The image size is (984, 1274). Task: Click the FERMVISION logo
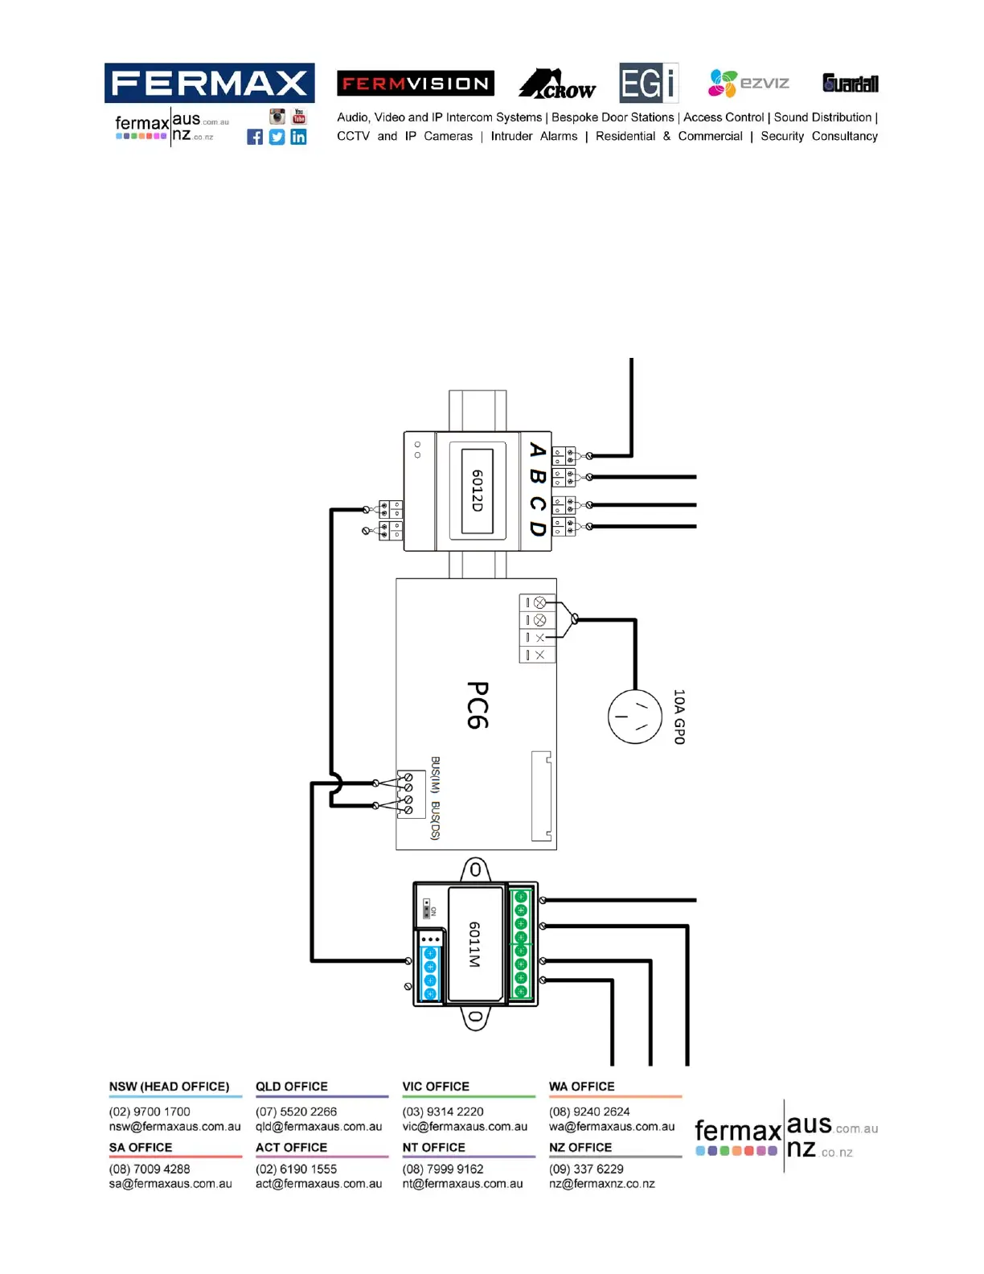(x=415, y=84)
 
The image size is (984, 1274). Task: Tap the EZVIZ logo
(x=748, y=83)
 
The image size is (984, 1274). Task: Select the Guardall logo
(x=850, y=83)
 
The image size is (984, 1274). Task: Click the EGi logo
(x=648, y=83)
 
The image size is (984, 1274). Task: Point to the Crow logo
(x=557, y=84)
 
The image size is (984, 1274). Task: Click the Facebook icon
(x=255, y=137)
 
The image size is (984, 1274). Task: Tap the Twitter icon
(x=277, y=137)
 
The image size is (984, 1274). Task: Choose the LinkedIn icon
(x=298, y=137)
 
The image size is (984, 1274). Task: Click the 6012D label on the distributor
(x=477, y=491)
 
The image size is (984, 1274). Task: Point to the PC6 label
(x=478, y=705)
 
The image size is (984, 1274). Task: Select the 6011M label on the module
(x=474, y=944)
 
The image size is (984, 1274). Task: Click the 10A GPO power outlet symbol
(x=634, y=717)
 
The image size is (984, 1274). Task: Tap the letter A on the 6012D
(x=538, y=450)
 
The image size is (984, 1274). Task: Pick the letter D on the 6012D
(x=538, y=528)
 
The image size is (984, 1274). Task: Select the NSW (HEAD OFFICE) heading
(x=169, y=1087)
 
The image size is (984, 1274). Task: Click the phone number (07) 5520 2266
(x=296, y=1112)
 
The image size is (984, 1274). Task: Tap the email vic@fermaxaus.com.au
(x=465, y=1127)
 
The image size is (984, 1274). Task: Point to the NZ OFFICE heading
(x=580, y=1148)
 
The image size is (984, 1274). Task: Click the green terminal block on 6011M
(x=520, y=944)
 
